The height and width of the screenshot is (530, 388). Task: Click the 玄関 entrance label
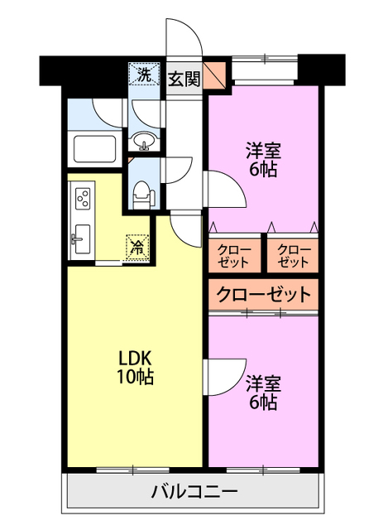183,79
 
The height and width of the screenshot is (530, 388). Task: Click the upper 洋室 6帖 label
263,160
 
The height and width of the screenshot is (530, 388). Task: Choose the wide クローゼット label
264,294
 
